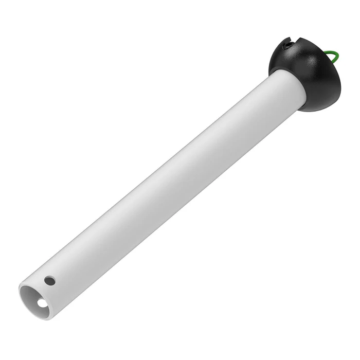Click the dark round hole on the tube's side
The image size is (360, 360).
[49, 281]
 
